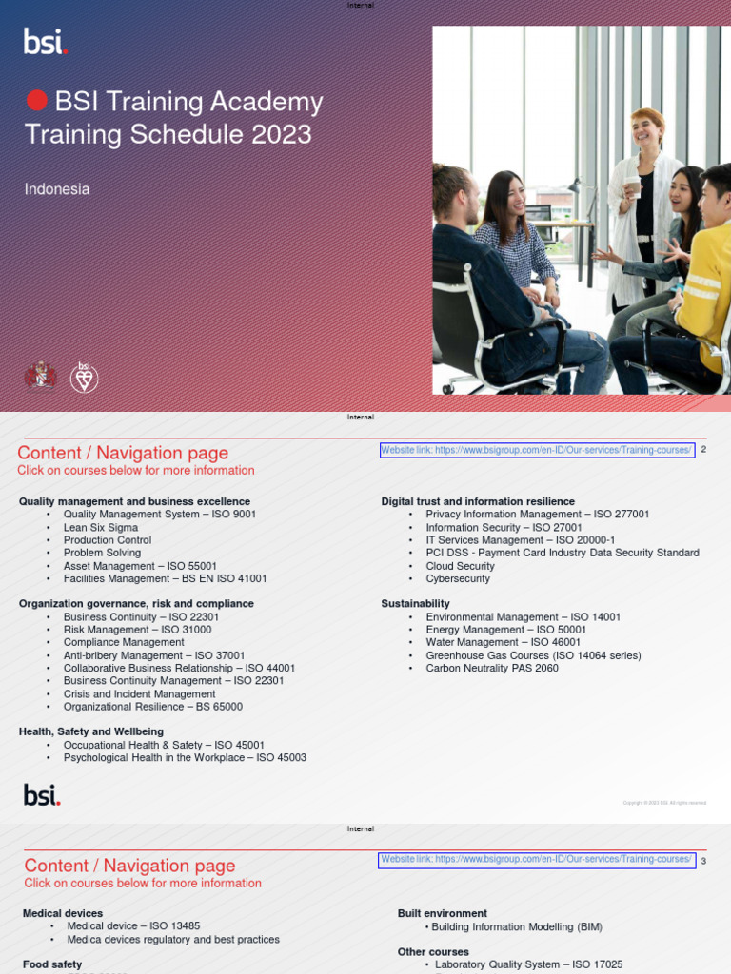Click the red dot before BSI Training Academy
pyautogui.click(x=36, y=102)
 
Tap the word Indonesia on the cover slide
pyautogui.click(x=57, y=189)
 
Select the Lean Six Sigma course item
pyautogui.click(x=101, y=527)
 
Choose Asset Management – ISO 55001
pyautogui.click(x=140, y=566)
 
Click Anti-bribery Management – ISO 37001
pyautogui.click(x=154, y=655)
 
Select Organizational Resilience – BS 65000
pyautogui.click(x=153, y=707)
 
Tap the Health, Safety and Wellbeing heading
pyautogui.click(x=91, y=731)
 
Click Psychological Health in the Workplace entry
pyautogui.click(x=185, y=758)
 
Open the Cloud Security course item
pyautogui.click(x=461, y=566)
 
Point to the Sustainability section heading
pyautogui.click(x=416, y=604)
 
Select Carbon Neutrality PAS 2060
pyautogui.click(x=492, y=668)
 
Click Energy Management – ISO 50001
pyautogui.click(x=506, y=630)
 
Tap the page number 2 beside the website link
pyautogui.click(x=703, y=450)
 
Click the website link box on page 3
pyautogui.click(x=537, y=860)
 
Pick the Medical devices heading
pyautogui.click(x=63, y=913)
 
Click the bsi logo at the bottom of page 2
pyautogui.click(x=42, y=795)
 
